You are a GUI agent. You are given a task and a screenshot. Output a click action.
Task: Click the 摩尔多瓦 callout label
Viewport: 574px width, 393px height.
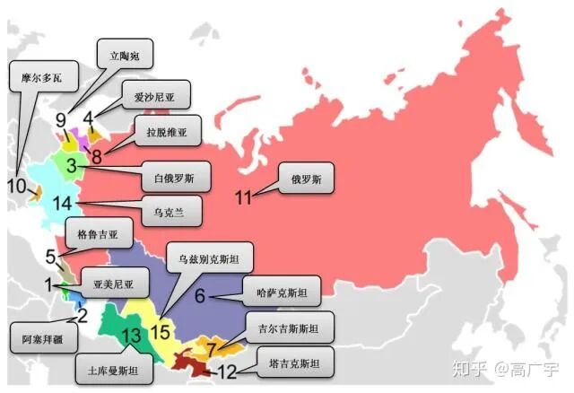tap(44, 77)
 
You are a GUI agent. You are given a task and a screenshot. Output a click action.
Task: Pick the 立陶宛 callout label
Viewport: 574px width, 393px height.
tap(126, 54)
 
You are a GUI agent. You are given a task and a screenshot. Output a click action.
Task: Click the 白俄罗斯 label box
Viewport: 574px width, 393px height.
tap(175, 175)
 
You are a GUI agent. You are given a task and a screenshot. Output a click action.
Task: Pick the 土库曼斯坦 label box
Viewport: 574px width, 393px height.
tap(114, 369)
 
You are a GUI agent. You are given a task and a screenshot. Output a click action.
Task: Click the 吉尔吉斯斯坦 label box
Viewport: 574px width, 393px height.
tap(289, 328)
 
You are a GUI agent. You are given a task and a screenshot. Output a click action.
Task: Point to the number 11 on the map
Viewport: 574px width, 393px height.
tap(243, 196)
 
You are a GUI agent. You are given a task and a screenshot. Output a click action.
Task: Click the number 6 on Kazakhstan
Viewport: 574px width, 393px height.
tap(201, 294)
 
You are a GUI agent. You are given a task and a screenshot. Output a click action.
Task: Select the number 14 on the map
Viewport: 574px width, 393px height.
tap(62, 203)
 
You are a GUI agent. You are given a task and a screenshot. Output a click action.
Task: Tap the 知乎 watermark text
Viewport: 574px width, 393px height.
tap(472, 368)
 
